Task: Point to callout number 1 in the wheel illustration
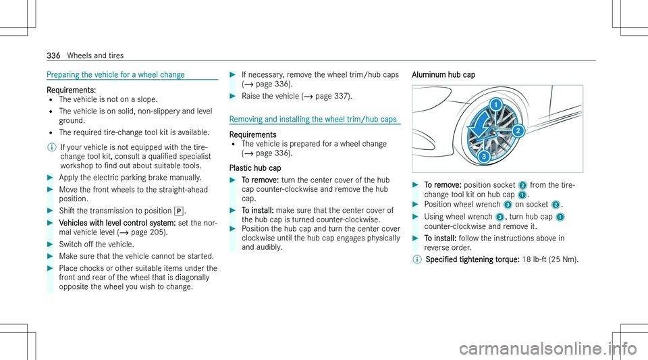[495, 105]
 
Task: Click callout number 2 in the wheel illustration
[518, 130]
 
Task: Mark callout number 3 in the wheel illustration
[483, 157]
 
